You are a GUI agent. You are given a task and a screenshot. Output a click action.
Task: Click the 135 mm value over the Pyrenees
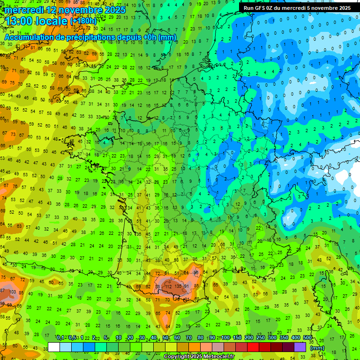[x=178, y=286]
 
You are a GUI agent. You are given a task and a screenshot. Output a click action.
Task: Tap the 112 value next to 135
[x=168, y=286]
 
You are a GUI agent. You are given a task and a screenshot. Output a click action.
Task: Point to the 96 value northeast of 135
[x=196, y=273]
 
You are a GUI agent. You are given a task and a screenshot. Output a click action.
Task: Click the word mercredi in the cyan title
[x=23, y=10]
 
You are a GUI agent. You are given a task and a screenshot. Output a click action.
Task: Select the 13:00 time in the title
[x=21, y=21]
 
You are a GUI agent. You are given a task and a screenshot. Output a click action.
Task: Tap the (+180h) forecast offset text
[x=83, y=21]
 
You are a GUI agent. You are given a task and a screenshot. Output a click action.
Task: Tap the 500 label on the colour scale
[x=307, y=338]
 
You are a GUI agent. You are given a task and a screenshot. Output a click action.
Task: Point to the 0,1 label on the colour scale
[x=60, y=338]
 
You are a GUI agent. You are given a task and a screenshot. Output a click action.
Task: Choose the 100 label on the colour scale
[x=225, y=338]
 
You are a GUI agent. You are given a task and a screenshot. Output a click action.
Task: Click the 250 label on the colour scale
[x=261, y=338]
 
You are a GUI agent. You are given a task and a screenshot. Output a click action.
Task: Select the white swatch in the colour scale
[x=54, y=347]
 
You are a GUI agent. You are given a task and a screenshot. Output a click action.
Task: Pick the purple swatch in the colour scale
[x=300, y=347]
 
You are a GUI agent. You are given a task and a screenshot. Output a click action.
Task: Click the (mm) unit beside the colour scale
[x=317, y=348]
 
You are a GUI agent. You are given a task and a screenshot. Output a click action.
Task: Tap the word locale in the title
[x=53, y=21]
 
